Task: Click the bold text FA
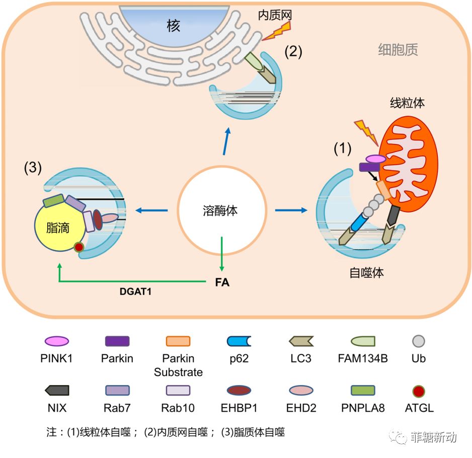222,282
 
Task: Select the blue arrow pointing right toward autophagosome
291,209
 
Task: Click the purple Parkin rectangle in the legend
117,341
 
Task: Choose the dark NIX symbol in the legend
56,390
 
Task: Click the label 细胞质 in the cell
398,50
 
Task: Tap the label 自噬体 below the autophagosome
367,273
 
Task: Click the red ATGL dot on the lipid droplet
78,247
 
